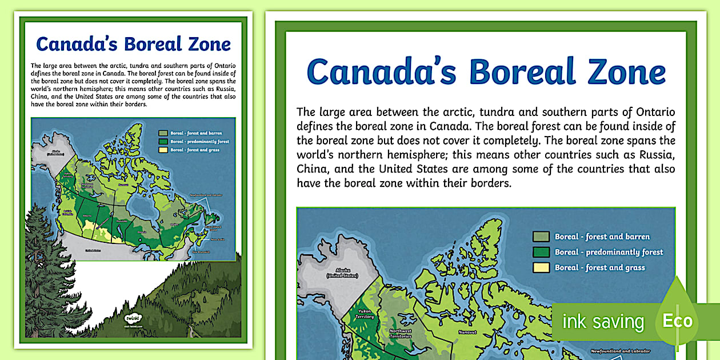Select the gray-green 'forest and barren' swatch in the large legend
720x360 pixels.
click(541, 237)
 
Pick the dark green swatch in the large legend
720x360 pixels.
click(541, 252)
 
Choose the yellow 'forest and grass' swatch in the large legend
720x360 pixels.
click(541, 267)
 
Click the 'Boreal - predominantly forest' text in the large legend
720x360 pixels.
click(609, 252)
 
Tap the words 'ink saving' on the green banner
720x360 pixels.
click(603, 322)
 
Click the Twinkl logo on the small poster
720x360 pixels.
click(132, 318)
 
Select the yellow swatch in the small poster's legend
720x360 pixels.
click(163, 150)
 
